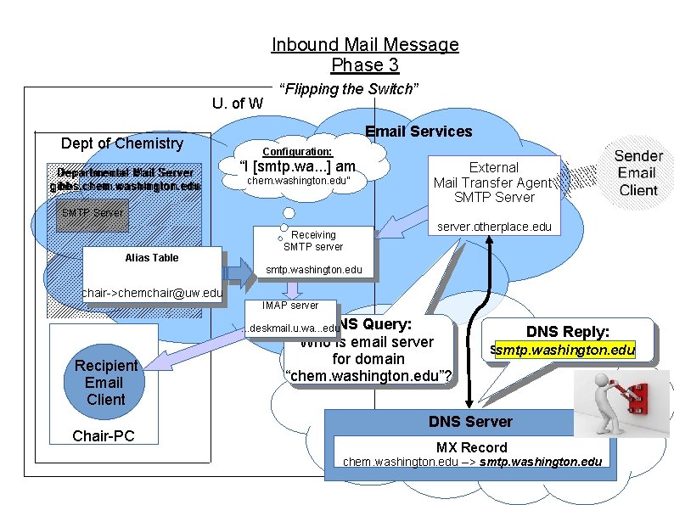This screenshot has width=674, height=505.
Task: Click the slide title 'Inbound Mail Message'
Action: click(x=365, y=45)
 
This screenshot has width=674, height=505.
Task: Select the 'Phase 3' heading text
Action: click(x=365, y=65)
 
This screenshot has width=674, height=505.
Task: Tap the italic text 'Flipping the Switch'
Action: click(x=350, y=89)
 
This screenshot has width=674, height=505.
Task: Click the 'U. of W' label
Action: click(x=237, y=104)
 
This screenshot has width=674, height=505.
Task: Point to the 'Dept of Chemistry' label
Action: click(x=121, y=143)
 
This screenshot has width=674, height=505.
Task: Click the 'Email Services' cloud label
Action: click(x=418, y=131)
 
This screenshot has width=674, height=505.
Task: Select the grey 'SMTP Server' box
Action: click(x=93, y=213)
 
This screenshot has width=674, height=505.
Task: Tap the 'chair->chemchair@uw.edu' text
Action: click(x=151, y=294)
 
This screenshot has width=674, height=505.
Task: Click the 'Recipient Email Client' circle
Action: click(x=105, y=382)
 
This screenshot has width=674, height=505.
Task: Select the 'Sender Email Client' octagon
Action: click(x=637, y=173)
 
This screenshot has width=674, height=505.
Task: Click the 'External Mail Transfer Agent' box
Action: click(x=494, y=182)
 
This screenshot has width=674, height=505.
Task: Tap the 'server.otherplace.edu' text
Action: click(x=494, y=227)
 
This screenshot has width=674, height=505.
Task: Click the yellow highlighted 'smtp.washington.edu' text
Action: click(x=564, y=350)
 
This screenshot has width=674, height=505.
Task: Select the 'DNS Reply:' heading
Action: click(x=567, y=332)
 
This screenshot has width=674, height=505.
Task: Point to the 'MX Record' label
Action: click(x=471, y=447)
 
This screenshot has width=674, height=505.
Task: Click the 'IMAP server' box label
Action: click(x=290, y=305)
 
